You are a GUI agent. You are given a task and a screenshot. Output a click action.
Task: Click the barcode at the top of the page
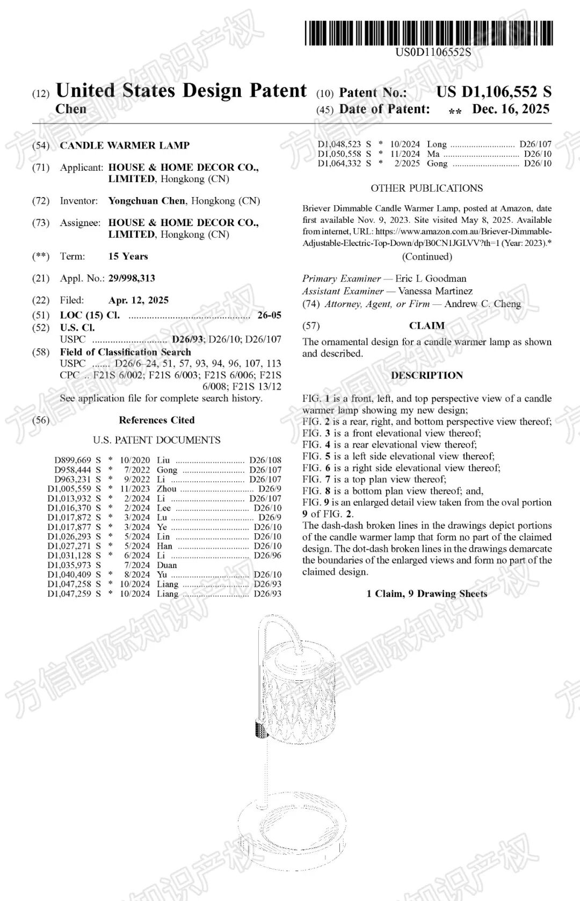(x=429, y=33)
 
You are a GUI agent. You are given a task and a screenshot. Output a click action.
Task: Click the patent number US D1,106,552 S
(x=494, y=92)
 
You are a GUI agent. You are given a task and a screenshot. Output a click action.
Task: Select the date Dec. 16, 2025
(x=510, y=110)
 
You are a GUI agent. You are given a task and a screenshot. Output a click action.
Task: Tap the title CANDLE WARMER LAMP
(x=125, y=146)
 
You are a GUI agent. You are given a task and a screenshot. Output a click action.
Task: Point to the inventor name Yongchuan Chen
(x=147, y=201)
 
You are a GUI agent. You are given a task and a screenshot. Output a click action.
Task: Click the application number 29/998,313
(x=132, y=278)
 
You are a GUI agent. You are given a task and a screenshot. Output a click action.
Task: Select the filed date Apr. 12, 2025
(x=139, y=300)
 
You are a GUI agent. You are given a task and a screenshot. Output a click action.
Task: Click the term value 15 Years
(x=128, y=256)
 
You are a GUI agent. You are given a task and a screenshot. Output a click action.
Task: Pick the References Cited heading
(x=157, y=420)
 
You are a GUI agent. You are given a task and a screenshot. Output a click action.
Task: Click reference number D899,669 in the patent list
(x=73, y=460)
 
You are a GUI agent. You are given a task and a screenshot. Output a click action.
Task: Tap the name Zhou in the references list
(x=166, y=489)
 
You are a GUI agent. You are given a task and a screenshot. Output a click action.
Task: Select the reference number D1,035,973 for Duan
(x=69, y=565)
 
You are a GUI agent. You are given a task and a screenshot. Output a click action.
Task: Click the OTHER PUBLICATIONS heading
(x=426, y=188)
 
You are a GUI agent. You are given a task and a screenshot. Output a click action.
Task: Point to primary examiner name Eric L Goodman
(x=431, y=278)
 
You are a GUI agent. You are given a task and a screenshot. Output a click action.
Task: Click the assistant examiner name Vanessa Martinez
(x=435, y=291)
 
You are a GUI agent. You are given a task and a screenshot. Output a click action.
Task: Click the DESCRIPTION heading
(x=426, y=375)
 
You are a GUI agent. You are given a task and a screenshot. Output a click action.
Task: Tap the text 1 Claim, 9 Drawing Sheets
(x=426, y=593)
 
